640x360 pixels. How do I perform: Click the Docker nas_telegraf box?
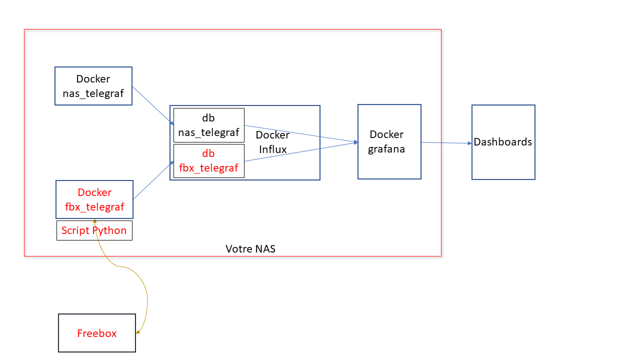(93, 86)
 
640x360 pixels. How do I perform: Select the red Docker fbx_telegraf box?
(94, 199)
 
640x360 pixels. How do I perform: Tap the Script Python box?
(94, 230)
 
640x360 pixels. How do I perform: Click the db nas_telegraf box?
(208, 125)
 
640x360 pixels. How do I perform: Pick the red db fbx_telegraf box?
(208, 161)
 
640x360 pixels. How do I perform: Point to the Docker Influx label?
(272, 142)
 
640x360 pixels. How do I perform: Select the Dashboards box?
(503, 142)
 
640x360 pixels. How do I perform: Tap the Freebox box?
(97, 333)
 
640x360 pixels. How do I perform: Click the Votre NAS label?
(250, 248)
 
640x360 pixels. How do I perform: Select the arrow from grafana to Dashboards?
(446, 143)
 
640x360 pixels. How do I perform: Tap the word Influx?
(272, 149)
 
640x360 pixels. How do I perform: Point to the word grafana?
(386, 149)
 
